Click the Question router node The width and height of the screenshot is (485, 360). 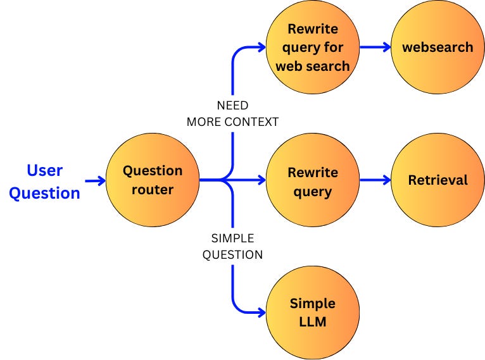152,180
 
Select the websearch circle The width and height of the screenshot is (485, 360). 438,47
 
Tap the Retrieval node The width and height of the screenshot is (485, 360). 438,180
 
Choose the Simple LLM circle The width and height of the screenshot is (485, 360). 312,312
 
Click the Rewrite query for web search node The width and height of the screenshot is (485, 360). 312,47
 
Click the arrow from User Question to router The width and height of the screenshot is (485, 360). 95,181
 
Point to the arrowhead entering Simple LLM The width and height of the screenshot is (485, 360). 260,312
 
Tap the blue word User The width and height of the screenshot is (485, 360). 44,170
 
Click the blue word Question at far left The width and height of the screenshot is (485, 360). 44,192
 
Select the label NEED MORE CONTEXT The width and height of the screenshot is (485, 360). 232,114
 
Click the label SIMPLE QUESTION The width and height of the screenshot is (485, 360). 232,247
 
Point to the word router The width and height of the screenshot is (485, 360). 152,189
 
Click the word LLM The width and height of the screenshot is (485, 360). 312,321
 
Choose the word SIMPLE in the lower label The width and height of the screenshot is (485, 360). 232,239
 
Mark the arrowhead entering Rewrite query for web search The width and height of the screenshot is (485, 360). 260,47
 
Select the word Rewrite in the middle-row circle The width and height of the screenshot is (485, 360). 312,172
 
